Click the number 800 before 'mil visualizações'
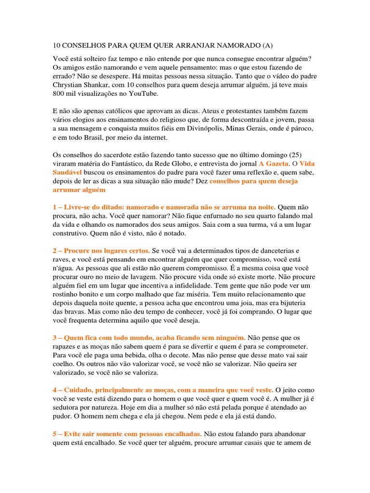pyautogui.click(x=59, y=93)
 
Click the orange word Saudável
pyautogui.click(x=67, y=172)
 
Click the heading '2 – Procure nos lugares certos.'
pyautogui.click(x=101, y=251)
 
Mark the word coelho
pyautogui.click(x=64, y=364)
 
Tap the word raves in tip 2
pyautogui.click(x=61, y=259)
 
